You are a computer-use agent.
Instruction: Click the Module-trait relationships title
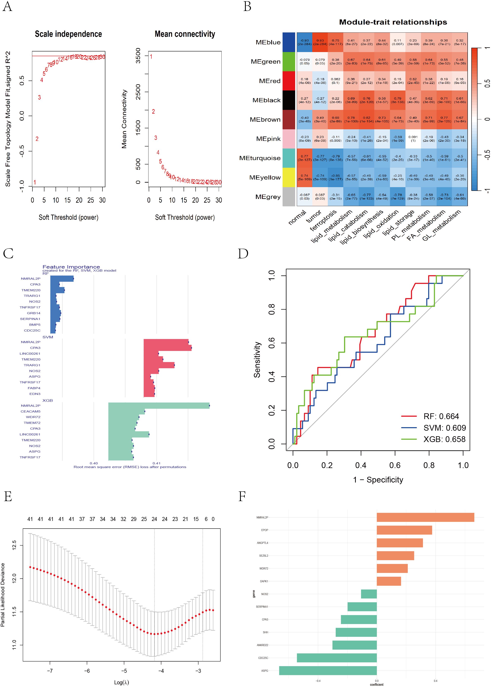(x=393, y=22)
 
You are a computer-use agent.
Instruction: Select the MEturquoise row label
(x=260, y=158)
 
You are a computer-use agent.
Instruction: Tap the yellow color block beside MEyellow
(x=289, y=177)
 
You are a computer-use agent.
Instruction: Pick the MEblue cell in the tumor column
(x=320, y=42)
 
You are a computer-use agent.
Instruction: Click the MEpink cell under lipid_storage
(x=413, y=139)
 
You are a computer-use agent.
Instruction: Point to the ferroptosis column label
(x=323, y=221)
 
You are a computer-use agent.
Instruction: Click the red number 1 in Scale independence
(x=35, y=182)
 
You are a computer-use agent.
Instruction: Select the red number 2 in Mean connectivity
(x=153, y=112)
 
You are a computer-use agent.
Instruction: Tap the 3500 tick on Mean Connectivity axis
(x=138, y=56)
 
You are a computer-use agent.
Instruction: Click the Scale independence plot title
(x=68, y=34)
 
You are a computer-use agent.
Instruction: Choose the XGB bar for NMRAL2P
(x=159, y=406)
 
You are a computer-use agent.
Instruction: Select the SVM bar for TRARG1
(x=159, y=365)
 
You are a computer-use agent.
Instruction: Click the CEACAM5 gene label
(x=30, y=411)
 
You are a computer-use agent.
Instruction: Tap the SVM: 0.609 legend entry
(x=444, y=428)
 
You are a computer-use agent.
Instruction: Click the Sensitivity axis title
(x=257, y=360)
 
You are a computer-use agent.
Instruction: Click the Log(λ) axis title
(x=121, y=682)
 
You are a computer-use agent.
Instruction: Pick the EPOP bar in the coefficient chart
(x=404, y=530)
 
